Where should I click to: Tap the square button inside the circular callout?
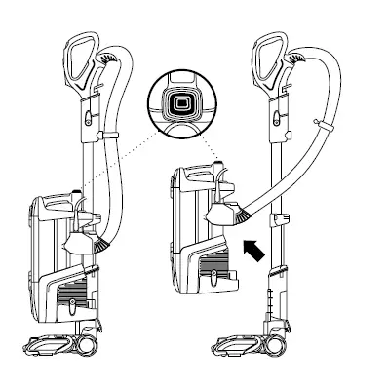(178, 103)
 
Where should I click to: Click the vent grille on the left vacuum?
(73, 292)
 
